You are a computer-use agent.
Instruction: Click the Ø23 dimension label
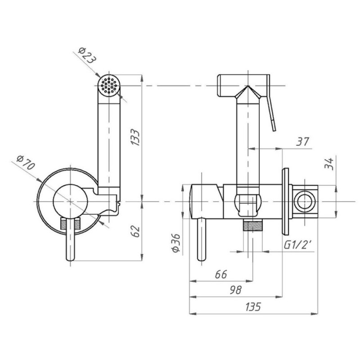click(86, 55)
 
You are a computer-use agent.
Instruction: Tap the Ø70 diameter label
click(26, 162)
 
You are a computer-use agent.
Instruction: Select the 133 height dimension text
click(135, 137)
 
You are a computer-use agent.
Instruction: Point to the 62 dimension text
click(136, 231)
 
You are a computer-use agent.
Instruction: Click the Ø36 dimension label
click(176, 243)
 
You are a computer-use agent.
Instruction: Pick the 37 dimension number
click(302, 141)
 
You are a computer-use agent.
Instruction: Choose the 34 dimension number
click(329, 164)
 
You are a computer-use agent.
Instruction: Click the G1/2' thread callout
click(297, 245)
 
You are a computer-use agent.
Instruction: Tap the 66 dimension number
click(221, 274)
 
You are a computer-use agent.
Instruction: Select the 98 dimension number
click(235, 290)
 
